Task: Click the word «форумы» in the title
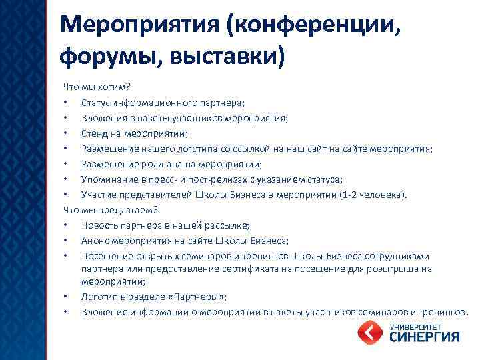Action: pyautogui.click(x=101, y=55)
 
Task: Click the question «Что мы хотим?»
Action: pyautogui.click(x=97, y=87)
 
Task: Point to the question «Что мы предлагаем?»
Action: pyautogui.click(x=110, y=209)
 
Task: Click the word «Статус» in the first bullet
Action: pyautogui.click(x=96, y=103)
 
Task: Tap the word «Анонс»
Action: pyautogui.click(x=95, y=240)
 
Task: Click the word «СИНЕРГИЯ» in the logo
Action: pyautogui.click(x=423, y=337)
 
